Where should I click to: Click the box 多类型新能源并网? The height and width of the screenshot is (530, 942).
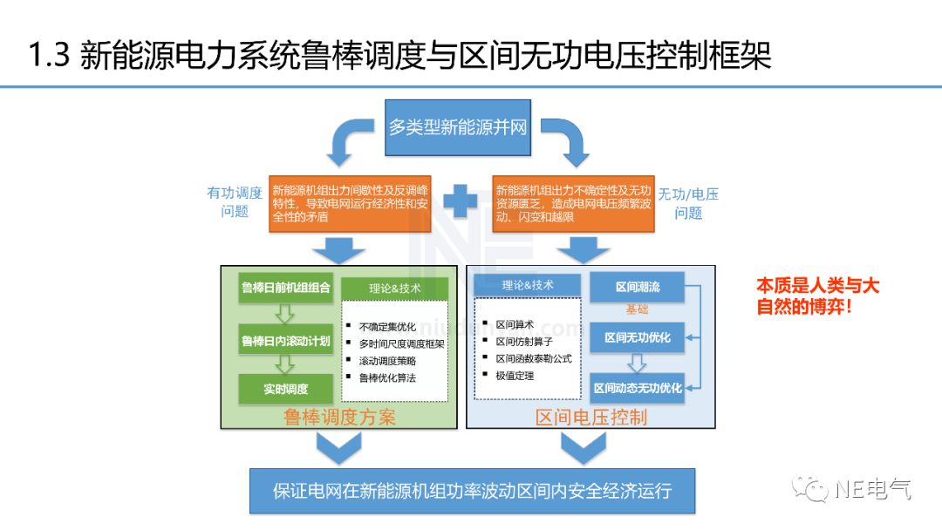tap(458, 127)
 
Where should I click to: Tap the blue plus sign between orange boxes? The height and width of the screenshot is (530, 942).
tap(460, 202)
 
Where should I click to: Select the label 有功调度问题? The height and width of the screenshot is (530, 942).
tap(235, 202)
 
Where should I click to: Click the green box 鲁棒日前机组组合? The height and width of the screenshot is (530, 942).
tap(286, 288)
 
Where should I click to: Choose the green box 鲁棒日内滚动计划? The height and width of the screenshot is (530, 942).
tap(286, 340)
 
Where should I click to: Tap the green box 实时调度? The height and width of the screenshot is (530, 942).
tap(286, 389)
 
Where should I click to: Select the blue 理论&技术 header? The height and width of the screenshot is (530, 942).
tap(528, 285)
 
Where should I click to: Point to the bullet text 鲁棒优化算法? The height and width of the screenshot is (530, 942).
tap(387, 378)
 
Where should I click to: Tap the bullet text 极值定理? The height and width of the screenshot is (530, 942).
tap(515, 376)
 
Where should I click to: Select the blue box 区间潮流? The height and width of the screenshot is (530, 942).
tap(638, 287)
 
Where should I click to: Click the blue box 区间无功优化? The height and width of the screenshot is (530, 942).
tap(638, 336)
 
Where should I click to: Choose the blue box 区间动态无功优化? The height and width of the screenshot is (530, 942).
tap(638, 387)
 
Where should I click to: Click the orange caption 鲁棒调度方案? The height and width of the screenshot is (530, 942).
tap(339, 418)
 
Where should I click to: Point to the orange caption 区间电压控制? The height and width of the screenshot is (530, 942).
tap(591, 418)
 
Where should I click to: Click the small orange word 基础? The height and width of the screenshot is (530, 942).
tap(637, 309)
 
